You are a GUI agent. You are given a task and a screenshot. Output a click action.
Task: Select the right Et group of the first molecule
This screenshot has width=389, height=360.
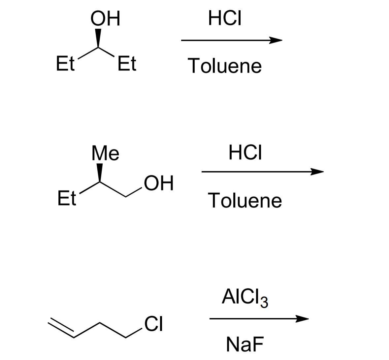(127, 64)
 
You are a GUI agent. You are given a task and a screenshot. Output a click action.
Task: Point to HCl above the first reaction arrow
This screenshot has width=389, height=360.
(225, 18)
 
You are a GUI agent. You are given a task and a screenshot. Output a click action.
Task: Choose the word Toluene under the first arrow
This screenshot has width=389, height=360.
(225, 66)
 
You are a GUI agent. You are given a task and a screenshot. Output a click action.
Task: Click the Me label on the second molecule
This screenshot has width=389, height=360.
(106, 153)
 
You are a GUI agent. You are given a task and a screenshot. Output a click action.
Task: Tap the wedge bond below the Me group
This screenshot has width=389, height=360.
(99, 172)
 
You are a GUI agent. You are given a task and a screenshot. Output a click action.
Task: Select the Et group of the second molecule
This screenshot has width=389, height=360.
(67, 198)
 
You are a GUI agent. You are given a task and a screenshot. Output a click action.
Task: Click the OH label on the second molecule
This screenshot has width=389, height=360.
(159, 183)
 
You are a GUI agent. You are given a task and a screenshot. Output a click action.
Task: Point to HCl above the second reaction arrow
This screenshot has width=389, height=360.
(246, 153)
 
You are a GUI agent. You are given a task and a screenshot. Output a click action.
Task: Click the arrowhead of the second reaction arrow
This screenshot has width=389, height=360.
(317, 172)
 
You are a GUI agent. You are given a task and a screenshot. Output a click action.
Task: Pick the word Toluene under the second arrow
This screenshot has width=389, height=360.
(245, 200)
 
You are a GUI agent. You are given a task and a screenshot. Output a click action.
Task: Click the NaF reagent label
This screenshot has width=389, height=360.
(245, 344)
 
